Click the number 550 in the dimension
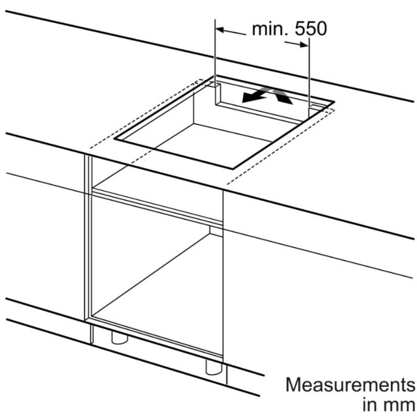pos(311,29)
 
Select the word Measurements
pos(351,384)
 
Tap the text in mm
pos(388,405)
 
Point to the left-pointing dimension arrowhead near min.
pos(220,30)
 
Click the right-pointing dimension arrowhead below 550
pos(304,44)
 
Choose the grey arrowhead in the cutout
pos(283,96)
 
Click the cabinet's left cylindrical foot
pos(120,338)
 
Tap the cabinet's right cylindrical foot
pos(214,367)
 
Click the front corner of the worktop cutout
pos(233,169)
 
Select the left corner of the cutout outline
pos(115,139)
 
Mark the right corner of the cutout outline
pos(334,102)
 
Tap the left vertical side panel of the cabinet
pos(88,238)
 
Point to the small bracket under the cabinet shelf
pos(216,231)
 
